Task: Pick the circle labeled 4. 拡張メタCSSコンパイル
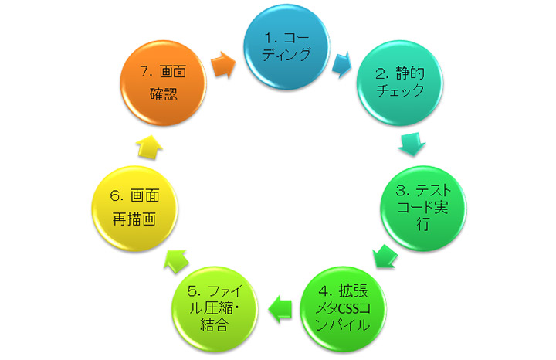tap(344, 308)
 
